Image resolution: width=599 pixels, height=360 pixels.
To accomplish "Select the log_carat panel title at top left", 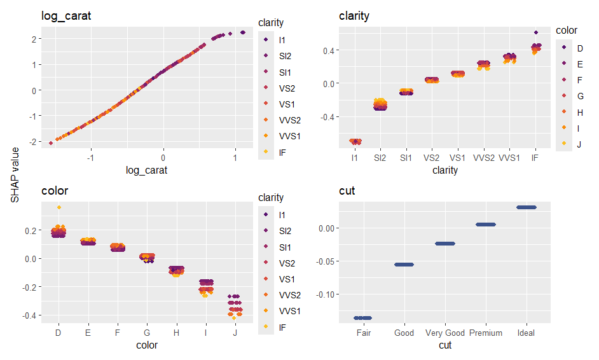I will [x=66, y=16].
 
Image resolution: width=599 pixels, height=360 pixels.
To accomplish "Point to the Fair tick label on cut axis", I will [x=363, y=333].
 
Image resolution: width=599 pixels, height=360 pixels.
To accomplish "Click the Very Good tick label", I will [x=444, y=333].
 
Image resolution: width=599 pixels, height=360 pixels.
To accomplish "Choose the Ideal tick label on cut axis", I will [x=526, y=333].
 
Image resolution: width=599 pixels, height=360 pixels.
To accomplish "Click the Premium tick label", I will [x=485, y=333].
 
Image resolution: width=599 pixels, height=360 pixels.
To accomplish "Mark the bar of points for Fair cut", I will [x=363, y=317].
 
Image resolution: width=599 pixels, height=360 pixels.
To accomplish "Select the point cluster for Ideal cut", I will [x=526, y=207].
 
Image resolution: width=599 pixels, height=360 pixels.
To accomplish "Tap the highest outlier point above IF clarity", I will [x=536, y=32].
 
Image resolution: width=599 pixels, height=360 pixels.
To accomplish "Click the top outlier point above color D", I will [x=59, y=207].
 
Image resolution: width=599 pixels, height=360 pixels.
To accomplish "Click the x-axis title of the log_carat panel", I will [x=147, y=170].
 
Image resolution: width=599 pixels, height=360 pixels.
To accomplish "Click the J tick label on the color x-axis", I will [x=235, y=333].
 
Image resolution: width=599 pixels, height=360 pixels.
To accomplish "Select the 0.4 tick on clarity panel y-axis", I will [x=327, y=50].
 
